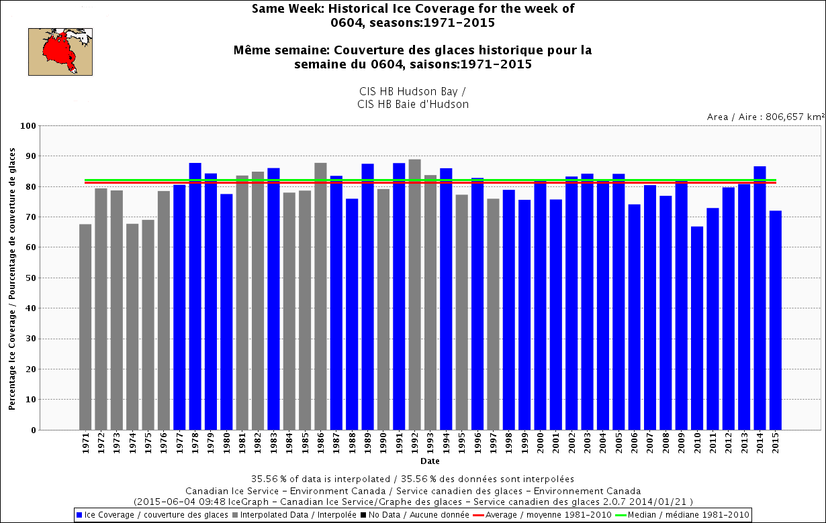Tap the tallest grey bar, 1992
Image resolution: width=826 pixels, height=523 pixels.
414,295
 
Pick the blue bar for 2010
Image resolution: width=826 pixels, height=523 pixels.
697,329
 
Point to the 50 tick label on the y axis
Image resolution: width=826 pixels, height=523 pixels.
30,278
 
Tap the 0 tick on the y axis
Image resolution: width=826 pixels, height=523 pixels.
33,430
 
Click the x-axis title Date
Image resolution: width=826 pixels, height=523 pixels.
430,461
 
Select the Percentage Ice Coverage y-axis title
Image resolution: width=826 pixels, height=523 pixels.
13,278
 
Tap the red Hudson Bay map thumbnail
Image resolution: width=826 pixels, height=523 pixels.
60,52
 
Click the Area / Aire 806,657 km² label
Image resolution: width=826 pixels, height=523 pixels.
765,117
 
